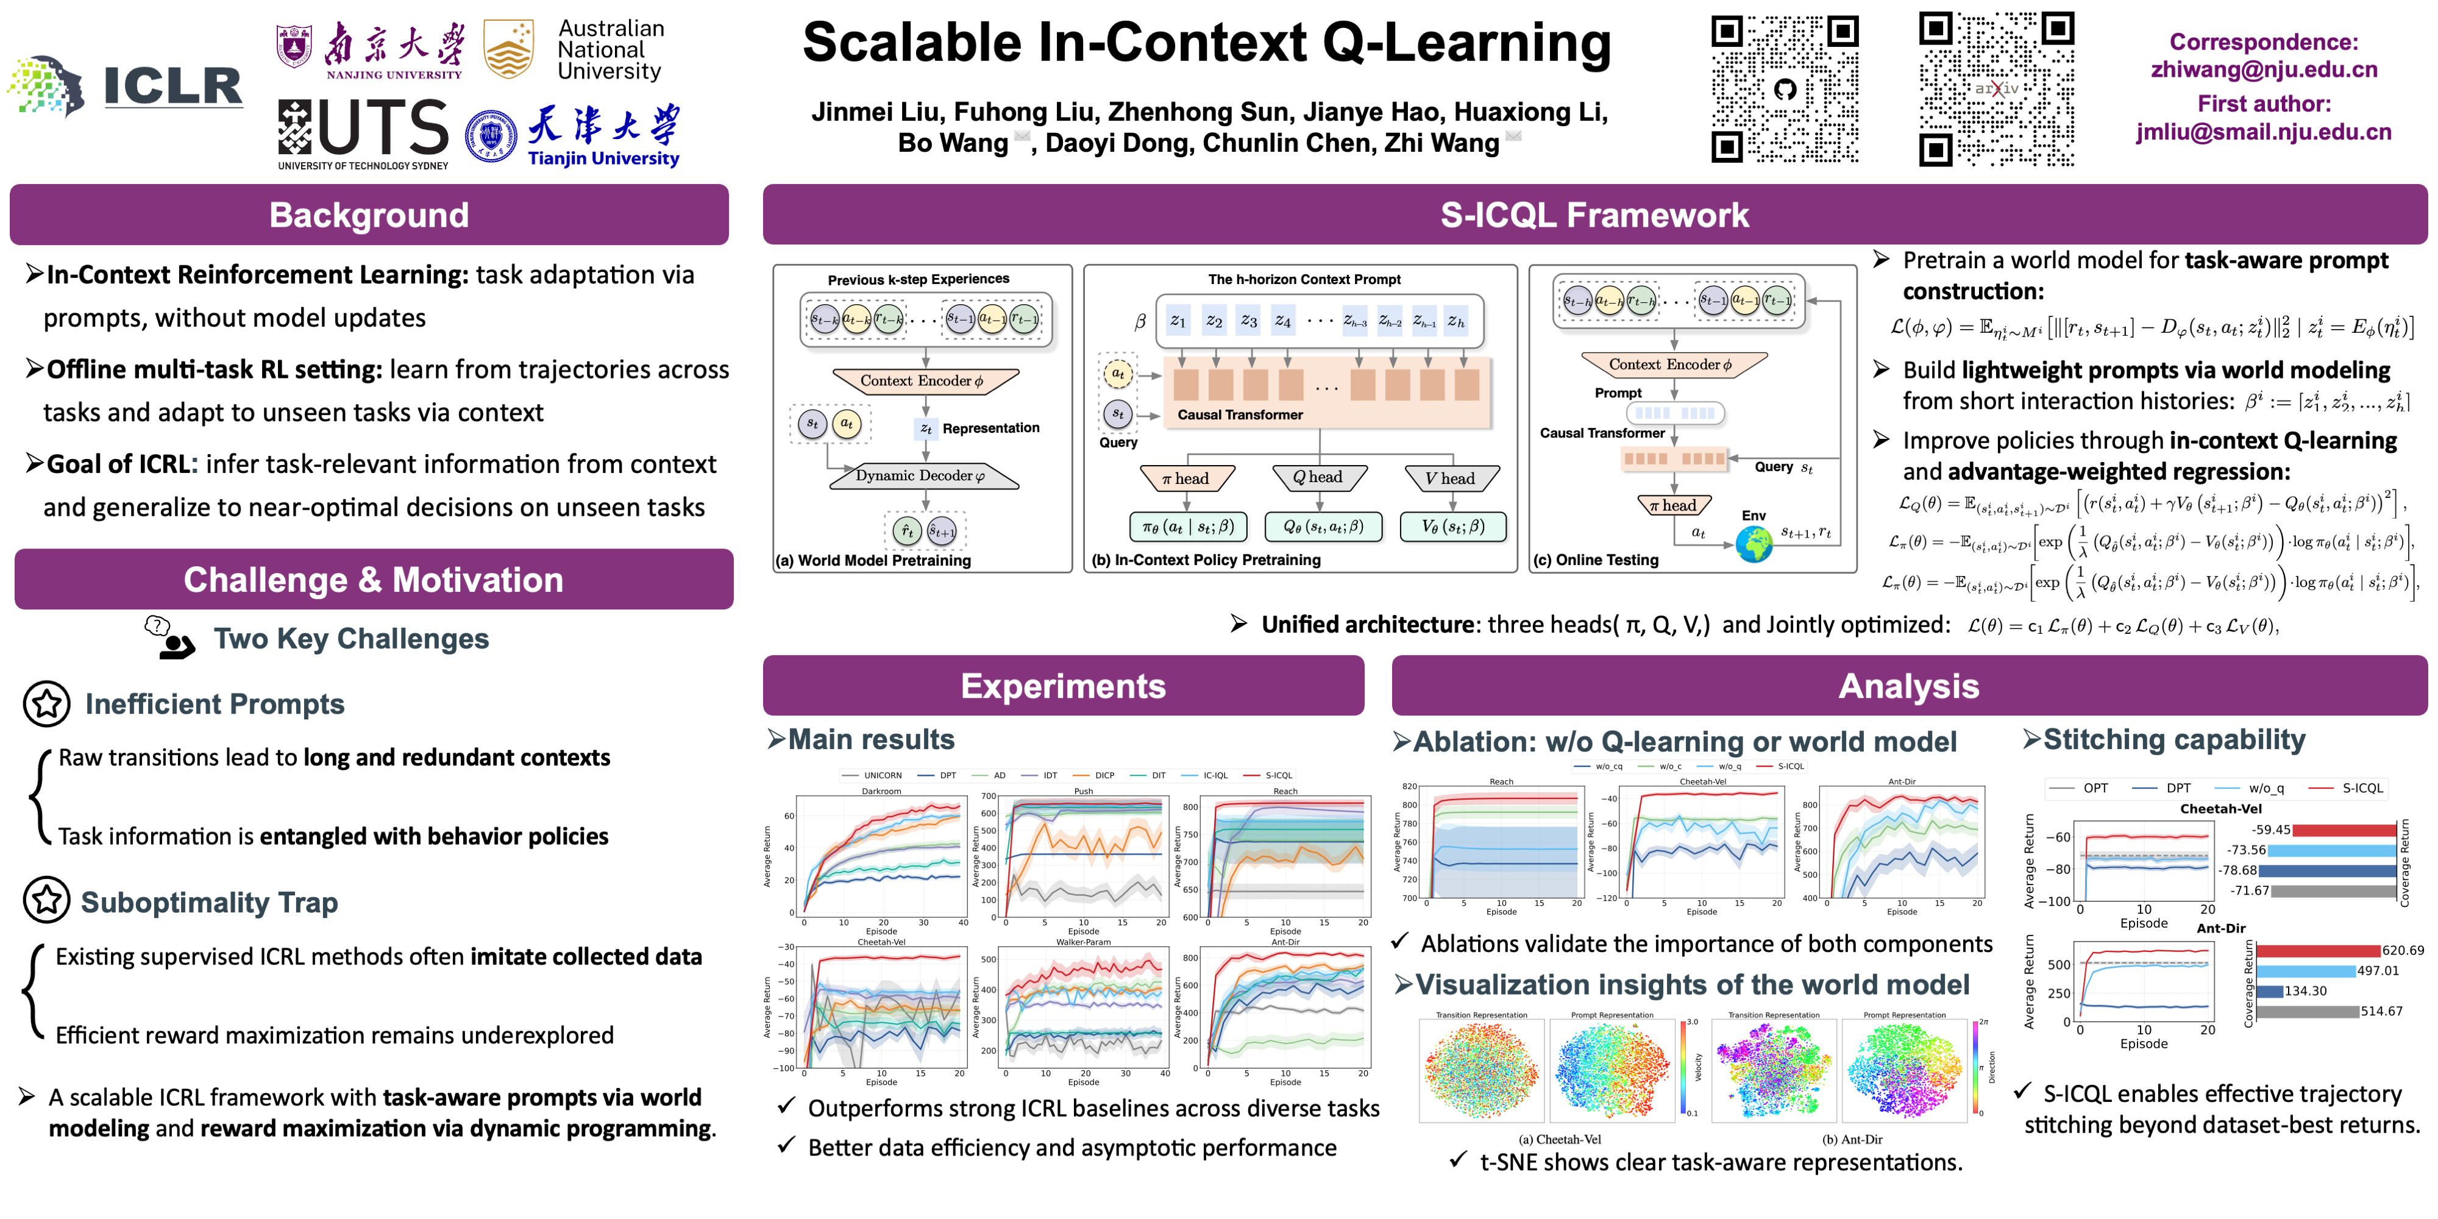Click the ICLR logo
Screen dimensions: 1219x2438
pyautogui.click(x=128, y=85)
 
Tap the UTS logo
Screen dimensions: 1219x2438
pyautogui.click(x=363, y=134)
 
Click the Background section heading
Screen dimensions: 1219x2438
pyautogui.click(x=369, y=215)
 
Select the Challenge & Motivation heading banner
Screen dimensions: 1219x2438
pyautogui.click(x=374, y=579)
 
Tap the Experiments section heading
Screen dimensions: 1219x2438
pyautogui.click(x=1063, y=685)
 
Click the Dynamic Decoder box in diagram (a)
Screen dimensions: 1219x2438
pyautogui.click(x=923, y=476)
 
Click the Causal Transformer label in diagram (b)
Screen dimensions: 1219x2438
pyautogui.click(x=1240, y=414)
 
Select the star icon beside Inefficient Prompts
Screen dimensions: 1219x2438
pyautogui.click(x=46, y=703)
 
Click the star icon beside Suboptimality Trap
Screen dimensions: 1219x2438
pyautogui.click(x=46, y=900)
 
